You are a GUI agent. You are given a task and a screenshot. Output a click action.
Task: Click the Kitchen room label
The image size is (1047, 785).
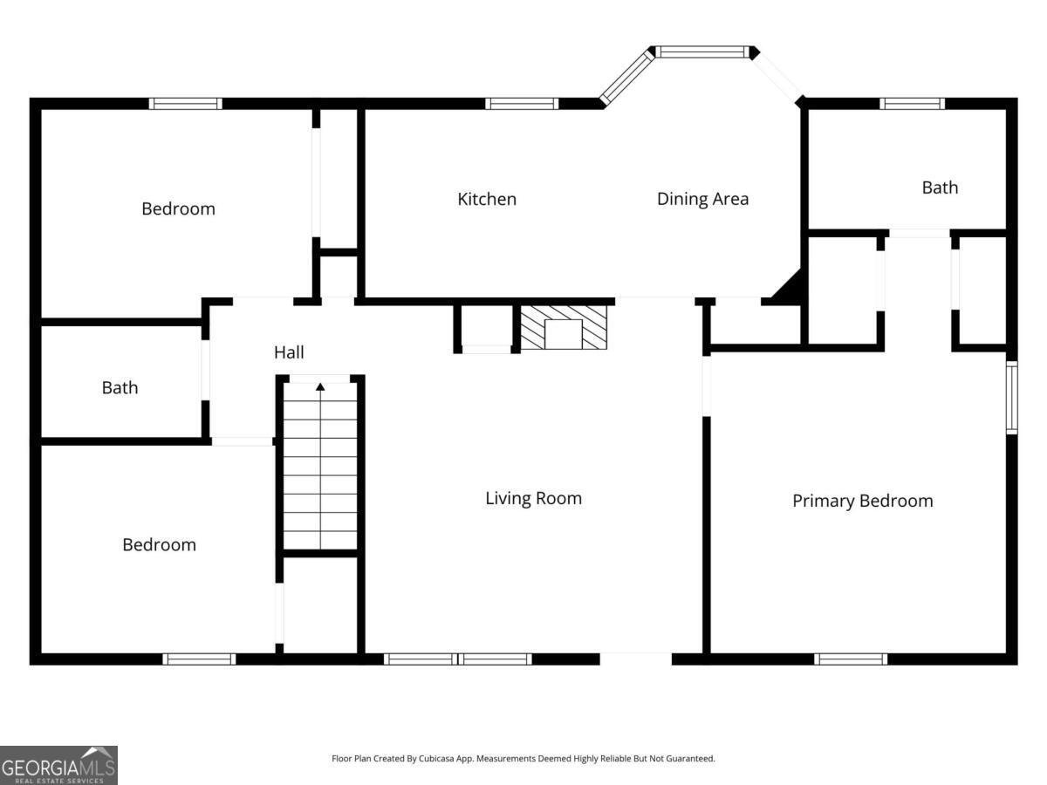click(x=487, y=199)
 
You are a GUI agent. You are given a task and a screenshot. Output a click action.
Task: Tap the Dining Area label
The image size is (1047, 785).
click(x=702, y=199)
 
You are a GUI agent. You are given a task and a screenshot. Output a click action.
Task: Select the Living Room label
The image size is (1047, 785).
click(x=533, y=499)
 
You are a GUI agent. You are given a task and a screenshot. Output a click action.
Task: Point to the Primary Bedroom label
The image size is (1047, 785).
click(x=862, y=501)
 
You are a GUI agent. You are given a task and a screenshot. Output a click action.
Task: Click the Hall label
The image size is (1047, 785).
click(x=289, y=352)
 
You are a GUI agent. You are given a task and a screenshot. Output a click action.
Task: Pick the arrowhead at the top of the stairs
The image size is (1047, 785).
click(x=320, y=387)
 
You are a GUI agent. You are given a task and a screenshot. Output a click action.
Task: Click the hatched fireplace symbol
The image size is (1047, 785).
click(x=564, y=327)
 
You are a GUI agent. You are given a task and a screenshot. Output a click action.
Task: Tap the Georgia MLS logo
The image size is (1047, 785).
click(x=58, y=765)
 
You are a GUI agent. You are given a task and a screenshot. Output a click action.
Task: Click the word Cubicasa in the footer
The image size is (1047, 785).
click(x=436, y=758)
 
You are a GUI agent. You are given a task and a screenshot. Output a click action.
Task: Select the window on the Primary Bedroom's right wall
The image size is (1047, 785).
click(x=1011, y=398)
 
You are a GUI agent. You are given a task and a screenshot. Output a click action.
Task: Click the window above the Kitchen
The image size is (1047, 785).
click(x=522, y=104)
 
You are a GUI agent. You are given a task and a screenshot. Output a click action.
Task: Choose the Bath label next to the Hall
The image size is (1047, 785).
click(x=120, y=388)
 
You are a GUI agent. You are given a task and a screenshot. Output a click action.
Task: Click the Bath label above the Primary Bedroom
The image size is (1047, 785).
click(x=940, y=188)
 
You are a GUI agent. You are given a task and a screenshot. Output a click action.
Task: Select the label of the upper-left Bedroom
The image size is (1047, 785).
click(x=178, y=208)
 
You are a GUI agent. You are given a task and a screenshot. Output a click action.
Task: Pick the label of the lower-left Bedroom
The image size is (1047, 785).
click(x=160, y=545)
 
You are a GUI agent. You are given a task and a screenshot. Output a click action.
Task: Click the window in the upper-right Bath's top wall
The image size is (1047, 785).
click(x=912, y=104)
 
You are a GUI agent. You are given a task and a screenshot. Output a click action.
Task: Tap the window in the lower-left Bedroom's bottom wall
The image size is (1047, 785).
click(x=199, y=659)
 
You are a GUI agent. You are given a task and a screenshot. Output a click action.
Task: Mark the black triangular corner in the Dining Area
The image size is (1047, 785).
click(x=790, y=289)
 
